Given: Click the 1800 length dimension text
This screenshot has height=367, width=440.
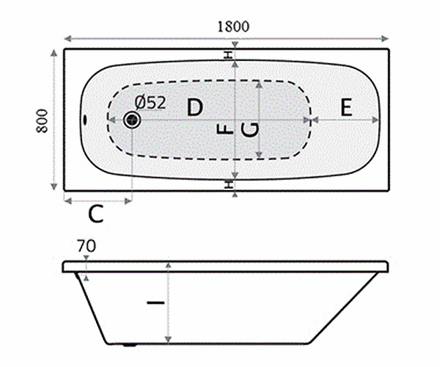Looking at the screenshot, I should click(x=234, y=26).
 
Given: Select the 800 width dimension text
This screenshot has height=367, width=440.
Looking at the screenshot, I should click(x=42, y=120).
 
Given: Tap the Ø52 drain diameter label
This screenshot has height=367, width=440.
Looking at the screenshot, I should click(x=151, y=103).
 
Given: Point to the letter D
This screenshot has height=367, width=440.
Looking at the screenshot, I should click(x=194, y=107).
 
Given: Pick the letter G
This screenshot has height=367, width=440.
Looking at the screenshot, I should click(x=249, y=130).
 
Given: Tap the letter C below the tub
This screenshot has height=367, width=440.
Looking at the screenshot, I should click(x=96, y=215).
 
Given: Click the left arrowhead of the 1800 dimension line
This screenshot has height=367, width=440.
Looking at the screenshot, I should click(x=65, y=37).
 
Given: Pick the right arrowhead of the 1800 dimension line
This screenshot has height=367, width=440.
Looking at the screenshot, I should click(x=386, y=37).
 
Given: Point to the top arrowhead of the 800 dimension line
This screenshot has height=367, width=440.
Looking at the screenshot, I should click(x=55, y=52).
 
